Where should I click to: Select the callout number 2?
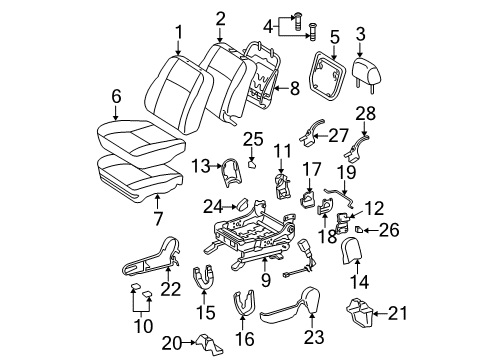point(220,17)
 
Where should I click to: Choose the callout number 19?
point(346,171)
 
